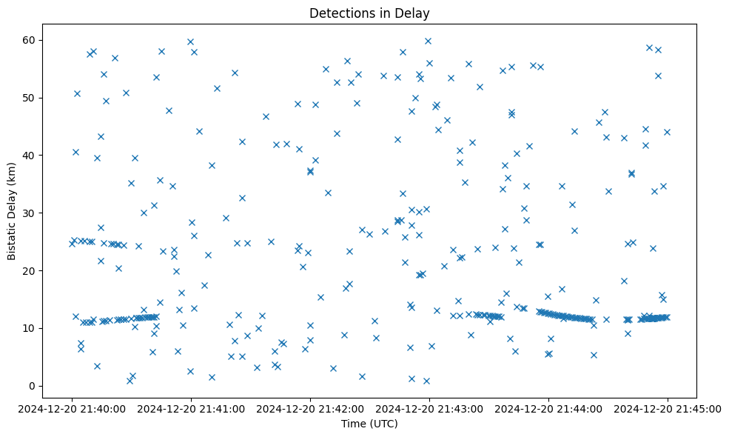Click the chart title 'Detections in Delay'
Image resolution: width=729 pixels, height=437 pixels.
[369, 13]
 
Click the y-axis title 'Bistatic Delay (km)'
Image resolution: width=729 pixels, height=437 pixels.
[12, 204]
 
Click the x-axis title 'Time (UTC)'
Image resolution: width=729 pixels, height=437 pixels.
[369, 424]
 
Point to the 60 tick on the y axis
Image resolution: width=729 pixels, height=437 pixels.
[30, 40]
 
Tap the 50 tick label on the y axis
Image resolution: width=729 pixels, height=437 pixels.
[30, 98]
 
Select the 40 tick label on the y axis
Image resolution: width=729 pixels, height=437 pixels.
[30, 156]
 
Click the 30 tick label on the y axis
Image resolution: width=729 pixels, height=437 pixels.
[30, 213]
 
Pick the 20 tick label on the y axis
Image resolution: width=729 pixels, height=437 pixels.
[30, 271]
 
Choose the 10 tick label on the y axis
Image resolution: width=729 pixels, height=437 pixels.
[30, 328]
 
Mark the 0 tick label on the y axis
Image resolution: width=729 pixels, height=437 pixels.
[33, 386]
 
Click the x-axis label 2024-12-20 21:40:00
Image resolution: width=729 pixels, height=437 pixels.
[72, 408]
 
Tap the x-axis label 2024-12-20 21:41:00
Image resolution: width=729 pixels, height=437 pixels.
[191, 408]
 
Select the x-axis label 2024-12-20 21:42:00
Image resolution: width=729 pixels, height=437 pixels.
[310, 408]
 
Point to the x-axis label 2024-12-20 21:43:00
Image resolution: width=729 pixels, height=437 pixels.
[429, 408]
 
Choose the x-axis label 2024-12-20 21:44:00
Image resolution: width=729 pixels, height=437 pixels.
[548, 408]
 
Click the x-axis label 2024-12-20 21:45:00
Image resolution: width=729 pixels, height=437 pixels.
[668, 408]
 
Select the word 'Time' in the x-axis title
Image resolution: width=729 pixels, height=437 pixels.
[353, 424]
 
